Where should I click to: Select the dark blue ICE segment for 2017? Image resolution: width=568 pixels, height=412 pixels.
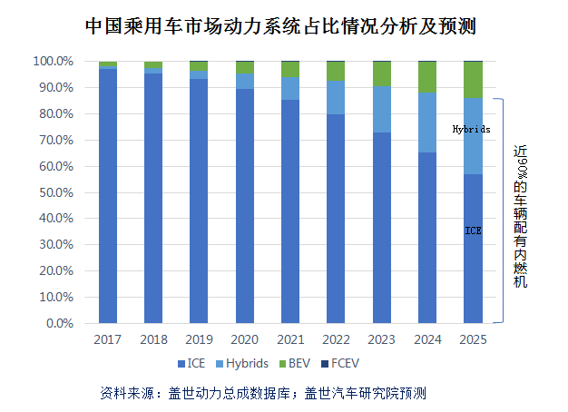coord(108,195)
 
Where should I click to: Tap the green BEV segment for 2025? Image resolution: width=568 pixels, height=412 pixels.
coord(473,80)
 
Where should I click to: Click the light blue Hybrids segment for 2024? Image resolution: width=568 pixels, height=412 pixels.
coord(427,123)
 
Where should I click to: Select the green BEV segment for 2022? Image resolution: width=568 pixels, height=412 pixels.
coord(336,71)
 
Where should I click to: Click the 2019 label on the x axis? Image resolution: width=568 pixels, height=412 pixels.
coord(199,339)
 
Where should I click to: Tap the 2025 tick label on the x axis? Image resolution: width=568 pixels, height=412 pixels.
coord(473,339)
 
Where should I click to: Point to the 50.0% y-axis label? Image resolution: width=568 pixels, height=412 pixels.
coord(54,192)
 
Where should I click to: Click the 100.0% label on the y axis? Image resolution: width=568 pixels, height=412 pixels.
coord(52,62)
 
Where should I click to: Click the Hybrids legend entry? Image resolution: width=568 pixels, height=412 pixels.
coord(241,364)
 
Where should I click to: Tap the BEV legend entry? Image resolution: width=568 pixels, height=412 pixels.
coord(296,364)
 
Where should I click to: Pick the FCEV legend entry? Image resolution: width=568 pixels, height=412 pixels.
coord(343,364)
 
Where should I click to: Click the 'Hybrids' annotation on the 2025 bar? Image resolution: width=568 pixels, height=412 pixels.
coord(472,130)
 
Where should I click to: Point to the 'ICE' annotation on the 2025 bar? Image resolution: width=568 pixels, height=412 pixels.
coord(473,231)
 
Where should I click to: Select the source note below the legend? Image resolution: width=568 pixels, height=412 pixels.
coord(262,393)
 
